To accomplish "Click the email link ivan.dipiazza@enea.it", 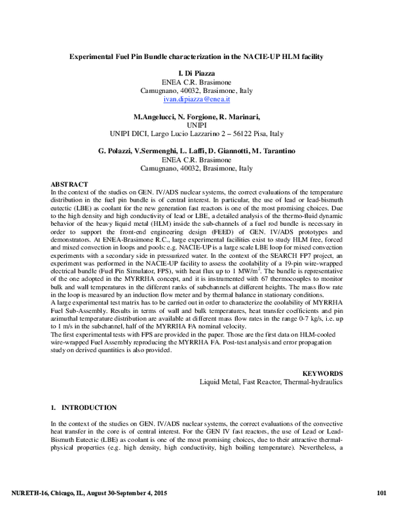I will coord(196,100).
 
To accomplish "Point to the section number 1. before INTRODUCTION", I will coord(53,407).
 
